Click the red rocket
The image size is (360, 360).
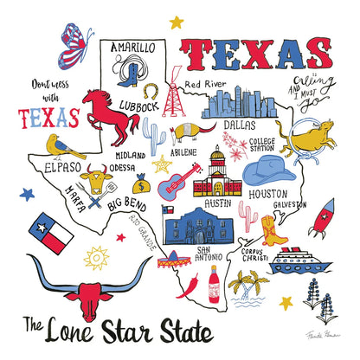[x=322, y=219]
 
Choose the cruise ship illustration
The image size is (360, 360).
[x=297, y=260]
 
